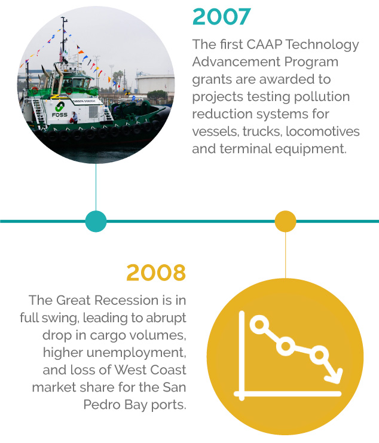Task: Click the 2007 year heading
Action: [x=222, y=17]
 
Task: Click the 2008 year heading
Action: [x=156, y=273]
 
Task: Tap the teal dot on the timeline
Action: [x=96, y=221]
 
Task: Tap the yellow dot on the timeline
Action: [x=286, y=221]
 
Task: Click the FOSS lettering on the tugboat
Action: [x=60, y=115]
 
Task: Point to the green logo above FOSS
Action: [x=60, y=107]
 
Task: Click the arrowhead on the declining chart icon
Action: [x=334, y=376]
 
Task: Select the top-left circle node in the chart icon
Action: [x=259, y=324]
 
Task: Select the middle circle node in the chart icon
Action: [x=286, y=346]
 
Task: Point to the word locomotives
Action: [x=323, y=132]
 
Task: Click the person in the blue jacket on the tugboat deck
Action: [x=75, y=117]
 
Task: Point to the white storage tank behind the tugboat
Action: [x=155, y=84]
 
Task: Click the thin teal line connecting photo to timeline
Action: [x=96, y=187]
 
